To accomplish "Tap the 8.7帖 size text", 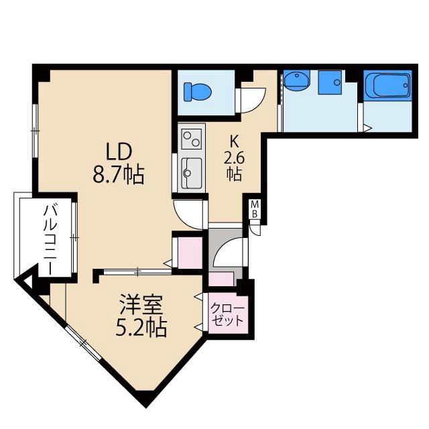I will (x=119, y=176).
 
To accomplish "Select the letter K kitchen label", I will (x=234, y=142).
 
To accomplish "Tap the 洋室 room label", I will (x=141, y=306).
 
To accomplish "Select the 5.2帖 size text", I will (x=141, y=329).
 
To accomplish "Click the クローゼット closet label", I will (x=229, y=314).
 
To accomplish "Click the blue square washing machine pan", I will (x=330, y=81).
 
